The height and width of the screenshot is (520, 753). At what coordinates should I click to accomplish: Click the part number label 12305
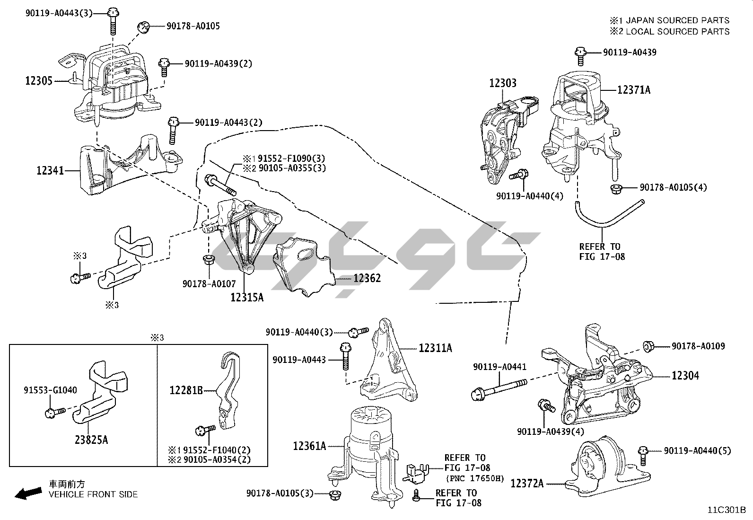[x=39, y=81]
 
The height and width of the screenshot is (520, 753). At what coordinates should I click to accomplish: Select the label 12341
[x=50, y=170]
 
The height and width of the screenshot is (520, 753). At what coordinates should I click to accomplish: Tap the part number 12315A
[x=247, y=297]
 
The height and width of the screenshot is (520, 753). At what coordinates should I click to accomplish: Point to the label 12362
[x=367, y=278]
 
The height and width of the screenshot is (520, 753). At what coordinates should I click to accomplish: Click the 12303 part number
[x=502, y=83]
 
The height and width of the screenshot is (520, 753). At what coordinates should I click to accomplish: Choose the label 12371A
[x=633, y=89]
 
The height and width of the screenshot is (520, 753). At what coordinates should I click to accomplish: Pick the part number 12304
[x=685, y=376]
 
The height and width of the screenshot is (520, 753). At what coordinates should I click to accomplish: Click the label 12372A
[x=527, y=484]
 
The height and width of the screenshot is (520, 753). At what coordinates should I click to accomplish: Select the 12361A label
[x=309, y=446]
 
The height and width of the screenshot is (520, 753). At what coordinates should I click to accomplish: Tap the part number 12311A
[x=435, y=348]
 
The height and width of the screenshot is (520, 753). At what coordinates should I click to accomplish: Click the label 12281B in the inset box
[x=186, y=390]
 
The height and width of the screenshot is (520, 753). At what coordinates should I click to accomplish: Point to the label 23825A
[x=91, y=440]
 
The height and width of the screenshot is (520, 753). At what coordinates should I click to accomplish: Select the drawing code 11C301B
[x=726, y=511]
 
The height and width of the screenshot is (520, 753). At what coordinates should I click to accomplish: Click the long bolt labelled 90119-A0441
[x=497, y=391]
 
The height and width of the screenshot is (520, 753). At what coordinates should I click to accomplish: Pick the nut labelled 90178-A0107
[x=207, y=260]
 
